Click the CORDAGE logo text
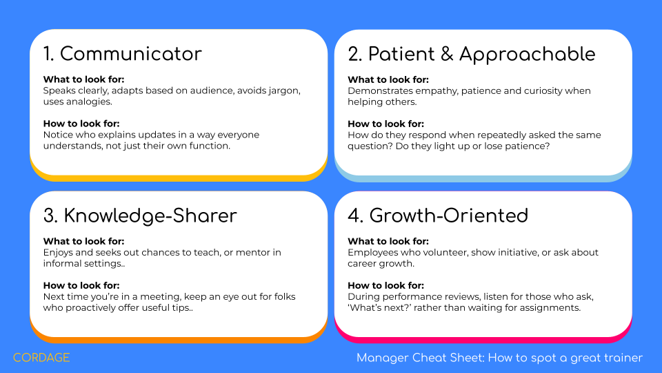click(41, 358)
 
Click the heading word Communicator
click(131, 54)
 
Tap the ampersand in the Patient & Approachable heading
click(447, 55)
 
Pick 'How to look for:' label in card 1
click(81, 124)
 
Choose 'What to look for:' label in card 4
click(388, 242)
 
